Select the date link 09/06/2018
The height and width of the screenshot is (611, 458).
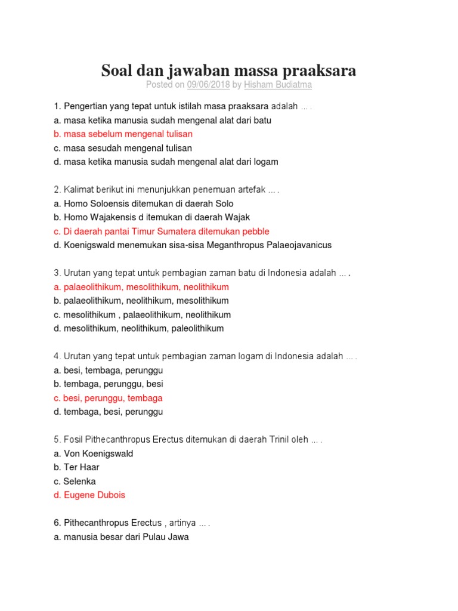(208, 85)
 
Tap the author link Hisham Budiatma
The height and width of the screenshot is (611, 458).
(278, 85)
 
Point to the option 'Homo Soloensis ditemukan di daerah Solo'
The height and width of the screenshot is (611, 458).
(143, 203)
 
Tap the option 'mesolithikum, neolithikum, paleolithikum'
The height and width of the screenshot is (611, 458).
(138, 328)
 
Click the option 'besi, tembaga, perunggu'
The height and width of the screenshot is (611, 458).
(108, 370)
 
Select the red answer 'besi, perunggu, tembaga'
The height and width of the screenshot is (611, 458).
(108, 398)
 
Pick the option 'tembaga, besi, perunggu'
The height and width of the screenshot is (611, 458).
(108, 412)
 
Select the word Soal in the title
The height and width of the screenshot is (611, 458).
(117, 70)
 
